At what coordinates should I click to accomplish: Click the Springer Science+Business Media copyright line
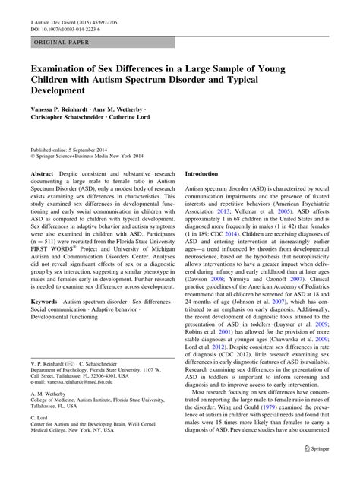tap(84, 157)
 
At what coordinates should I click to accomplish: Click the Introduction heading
tap(207, 173)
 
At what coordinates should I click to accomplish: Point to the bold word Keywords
tap(45, 324)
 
